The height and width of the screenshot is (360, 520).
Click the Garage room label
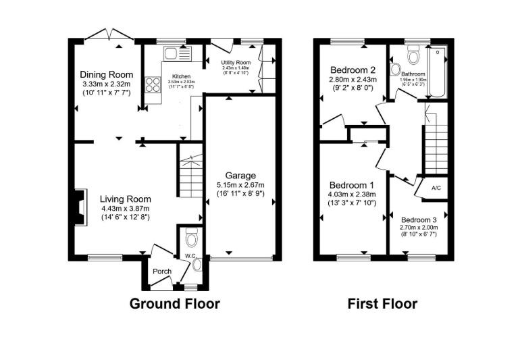tap(240, 176)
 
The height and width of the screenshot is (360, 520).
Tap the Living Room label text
tap(125, 199)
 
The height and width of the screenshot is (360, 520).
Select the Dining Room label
tap(106, 74)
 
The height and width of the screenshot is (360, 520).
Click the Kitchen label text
tap(182, 77)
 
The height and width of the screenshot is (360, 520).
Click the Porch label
tap(161, 272)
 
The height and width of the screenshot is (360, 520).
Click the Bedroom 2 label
tap(353, 70)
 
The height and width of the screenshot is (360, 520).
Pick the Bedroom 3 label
tap(419, 220)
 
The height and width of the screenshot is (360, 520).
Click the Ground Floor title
tap(175, 304)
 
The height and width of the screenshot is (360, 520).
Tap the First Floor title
tap(382, 304)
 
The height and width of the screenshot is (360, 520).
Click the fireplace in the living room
tap(80, 206)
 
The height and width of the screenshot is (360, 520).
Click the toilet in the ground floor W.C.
tap(191, 238)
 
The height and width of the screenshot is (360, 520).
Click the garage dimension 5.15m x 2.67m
tap(240, 185)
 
